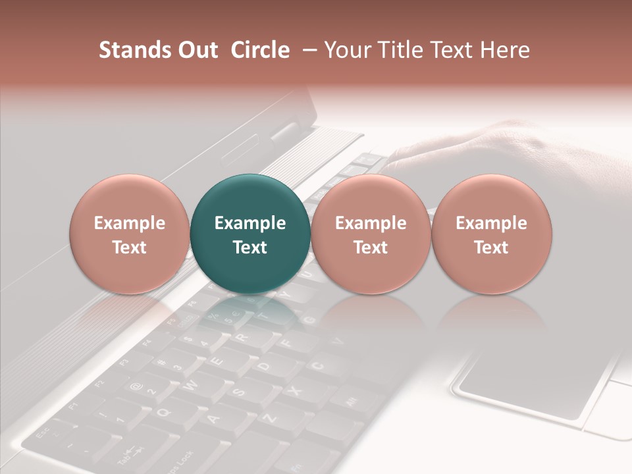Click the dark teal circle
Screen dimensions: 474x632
tap(250, 234)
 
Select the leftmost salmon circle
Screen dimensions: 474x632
tap(130, 234)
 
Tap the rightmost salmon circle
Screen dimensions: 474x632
tap(491, 234)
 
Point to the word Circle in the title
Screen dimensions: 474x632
tap(260, 50)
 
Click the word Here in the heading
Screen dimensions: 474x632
tap(505, 50)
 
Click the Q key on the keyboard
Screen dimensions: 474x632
tap(165, 411)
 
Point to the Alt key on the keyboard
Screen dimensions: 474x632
tap(352, 400)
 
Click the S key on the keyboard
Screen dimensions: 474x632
tap(240, 392)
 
